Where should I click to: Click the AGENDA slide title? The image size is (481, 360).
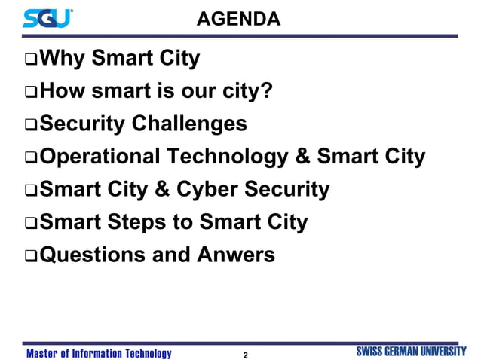point(238,18)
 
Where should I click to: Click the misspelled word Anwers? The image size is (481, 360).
point(236,255)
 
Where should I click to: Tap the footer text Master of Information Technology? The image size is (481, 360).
point(99,353)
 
